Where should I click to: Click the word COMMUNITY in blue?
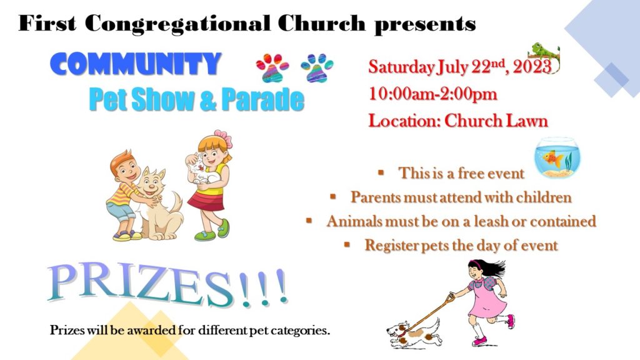coord(136,64)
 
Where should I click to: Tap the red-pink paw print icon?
coord(272,67)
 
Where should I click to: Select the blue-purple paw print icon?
coord(317,67)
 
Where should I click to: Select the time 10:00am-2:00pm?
coord(433,94)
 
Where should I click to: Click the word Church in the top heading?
coord(321,23)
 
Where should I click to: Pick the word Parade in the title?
coord(263,100)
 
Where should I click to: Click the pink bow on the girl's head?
coord(224,137)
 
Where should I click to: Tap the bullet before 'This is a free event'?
coord(381,172)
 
